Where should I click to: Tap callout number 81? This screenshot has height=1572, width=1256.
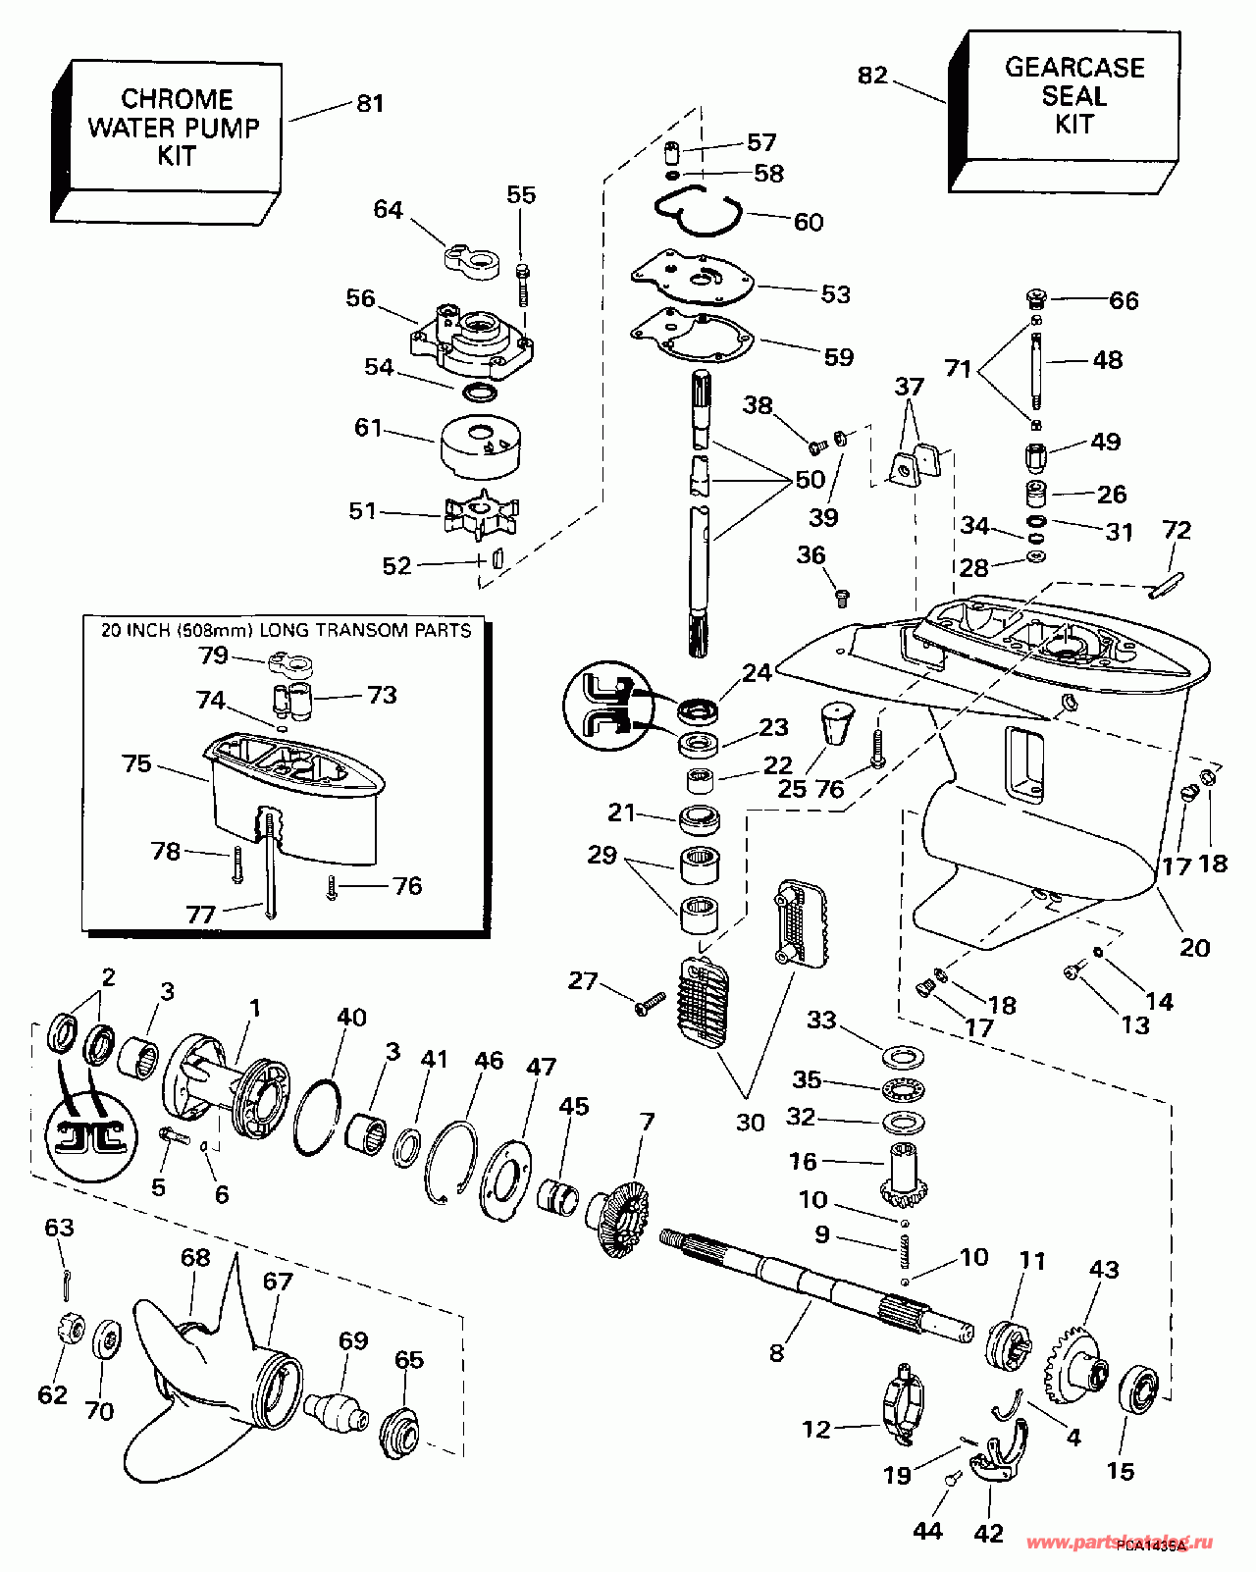370,103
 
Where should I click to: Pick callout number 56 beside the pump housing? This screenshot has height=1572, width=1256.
360,298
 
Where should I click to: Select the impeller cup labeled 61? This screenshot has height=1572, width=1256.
480,446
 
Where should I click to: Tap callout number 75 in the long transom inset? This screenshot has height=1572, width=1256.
136,762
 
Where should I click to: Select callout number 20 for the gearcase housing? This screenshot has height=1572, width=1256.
1194,947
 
